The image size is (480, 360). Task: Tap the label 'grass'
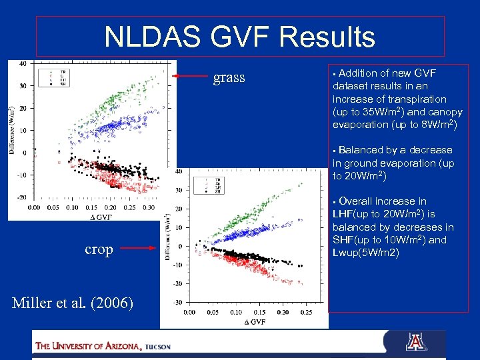click(229, 78)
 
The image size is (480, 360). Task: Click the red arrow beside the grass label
click(190, 77)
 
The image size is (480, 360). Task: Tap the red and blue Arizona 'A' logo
click(415, 343)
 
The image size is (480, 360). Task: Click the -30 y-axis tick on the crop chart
click(178, 303)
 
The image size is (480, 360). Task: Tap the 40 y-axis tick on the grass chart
click(22, 64)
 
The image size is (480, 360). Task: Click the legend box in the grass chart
click(55, 77)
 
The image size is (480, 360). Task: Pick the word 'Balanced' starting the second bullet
click(362, 150)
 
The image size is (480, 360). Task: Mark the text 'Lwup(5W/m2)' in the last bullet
click(365, 253)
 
